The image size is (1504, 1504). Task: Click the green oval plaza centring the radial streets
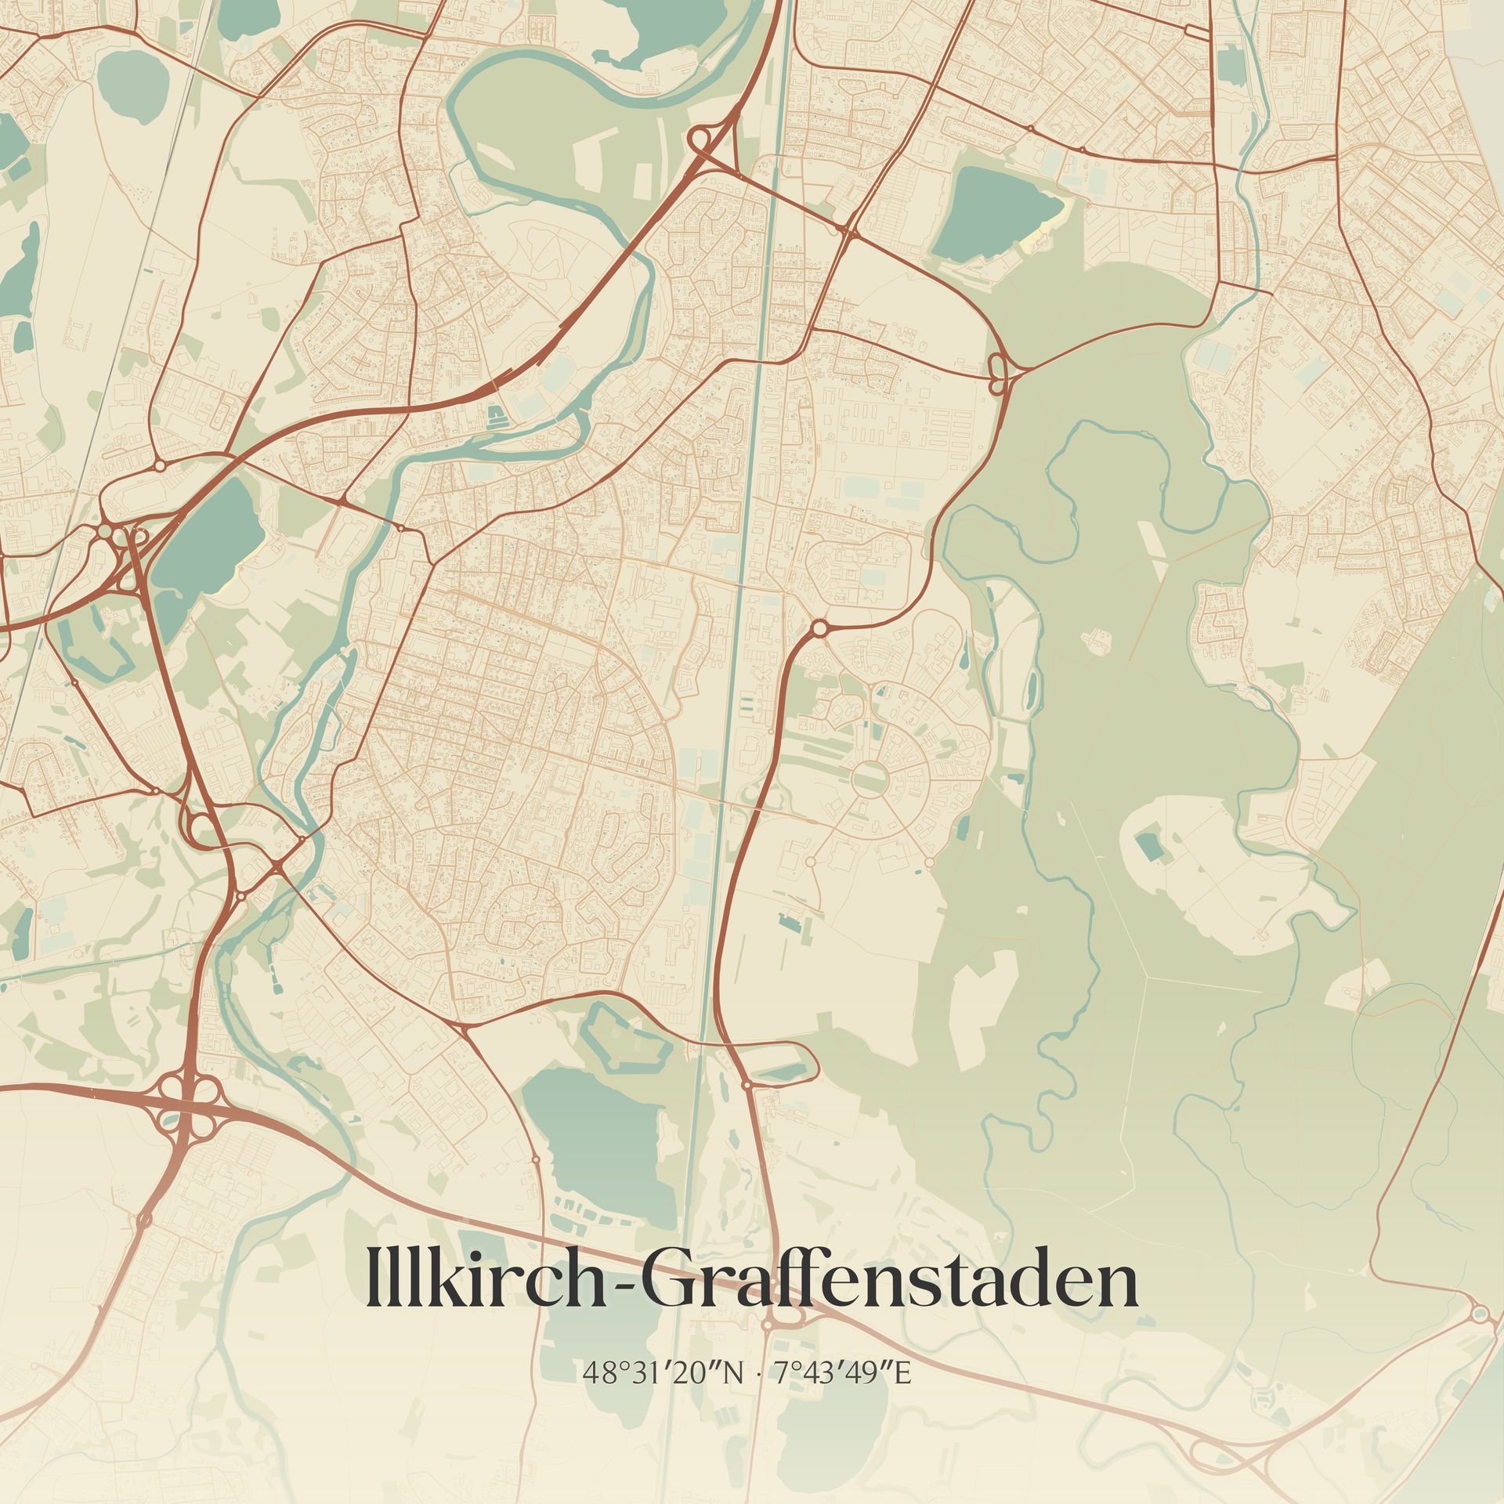[x=869, y=778]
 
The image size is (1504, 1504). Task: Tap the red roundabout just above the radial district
[x=819, y=627]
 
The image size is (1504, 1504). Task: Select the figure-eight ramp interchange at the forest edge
[x=998, y=374]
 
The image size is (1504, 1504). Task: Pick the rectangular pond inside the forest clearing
[x=1148, y=847]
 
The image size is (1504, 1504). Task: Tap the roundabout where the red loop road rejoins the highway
[x=747, y=1084]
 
